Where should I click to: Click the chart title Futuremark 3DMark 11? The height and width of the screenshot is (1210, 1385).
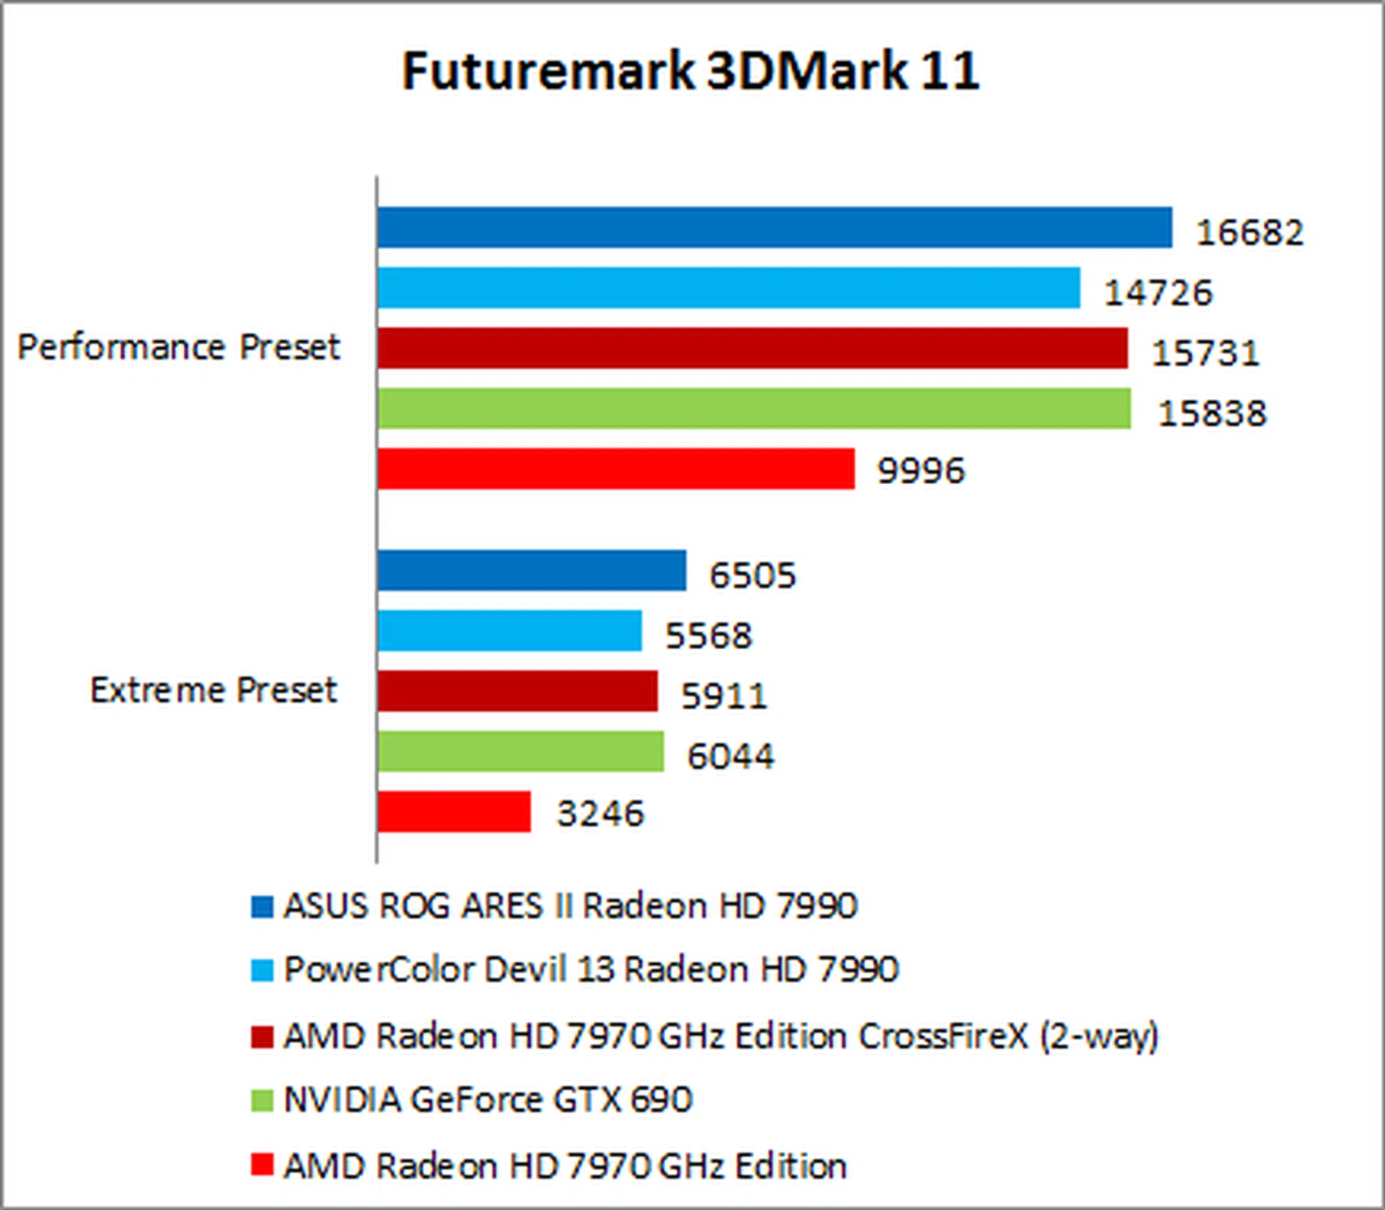coord(690,71)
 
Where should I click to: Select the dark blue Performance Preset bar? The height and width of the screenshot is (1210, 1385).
coord(774,228)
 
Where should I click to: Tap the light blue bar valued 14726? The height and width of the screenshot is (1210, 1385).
coord(729,288)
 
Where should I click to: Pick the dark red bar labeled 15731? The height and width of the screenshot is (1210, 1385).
coord(752,348)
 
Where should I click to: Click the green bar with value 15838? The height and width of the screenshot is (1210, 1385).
coord(754,408)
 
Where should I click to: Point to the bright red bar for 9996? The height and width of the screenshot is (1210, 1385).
coord(615,469)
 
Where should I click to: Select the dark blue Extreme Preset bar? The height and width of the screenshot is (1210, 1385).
coord(532,571)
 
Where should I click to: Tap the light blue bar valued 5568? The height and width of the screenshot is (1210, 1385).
coord(509,631)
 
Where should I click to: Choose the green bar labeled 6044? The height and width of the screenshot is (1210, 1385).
coord(520,751)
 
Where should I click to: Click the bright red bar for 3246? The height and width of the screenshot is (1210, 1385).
coord(454,812)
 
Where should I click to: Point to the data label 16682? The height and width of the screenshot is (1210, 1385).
coord(1249,232)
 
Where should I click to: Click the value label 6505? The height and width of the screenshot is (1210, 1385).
coord(752,575)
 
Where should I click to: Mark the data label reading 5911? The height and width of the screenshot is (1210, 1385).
coord(724,696)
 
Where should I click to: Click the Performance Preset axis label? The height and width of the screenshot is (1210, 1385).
coord(178,347)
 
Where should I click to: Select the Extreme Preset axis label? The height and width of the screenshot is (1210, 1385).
coord(213,690)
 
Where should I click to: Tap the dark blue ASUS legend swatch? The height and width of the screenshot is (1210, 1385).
coord(262,906)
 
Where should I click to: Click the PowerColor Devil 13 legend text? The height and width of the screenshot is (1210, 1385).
coord(591,969)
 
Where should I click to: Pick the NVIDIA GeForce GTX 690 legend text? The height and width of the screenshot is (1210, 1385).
coord(488,1100)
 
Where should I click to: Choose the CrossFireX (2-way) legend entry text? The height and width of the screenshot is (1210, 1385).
coord(721,1036)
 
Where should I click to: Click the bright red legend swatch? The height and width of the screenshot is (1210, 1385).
coord(262,1165)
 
